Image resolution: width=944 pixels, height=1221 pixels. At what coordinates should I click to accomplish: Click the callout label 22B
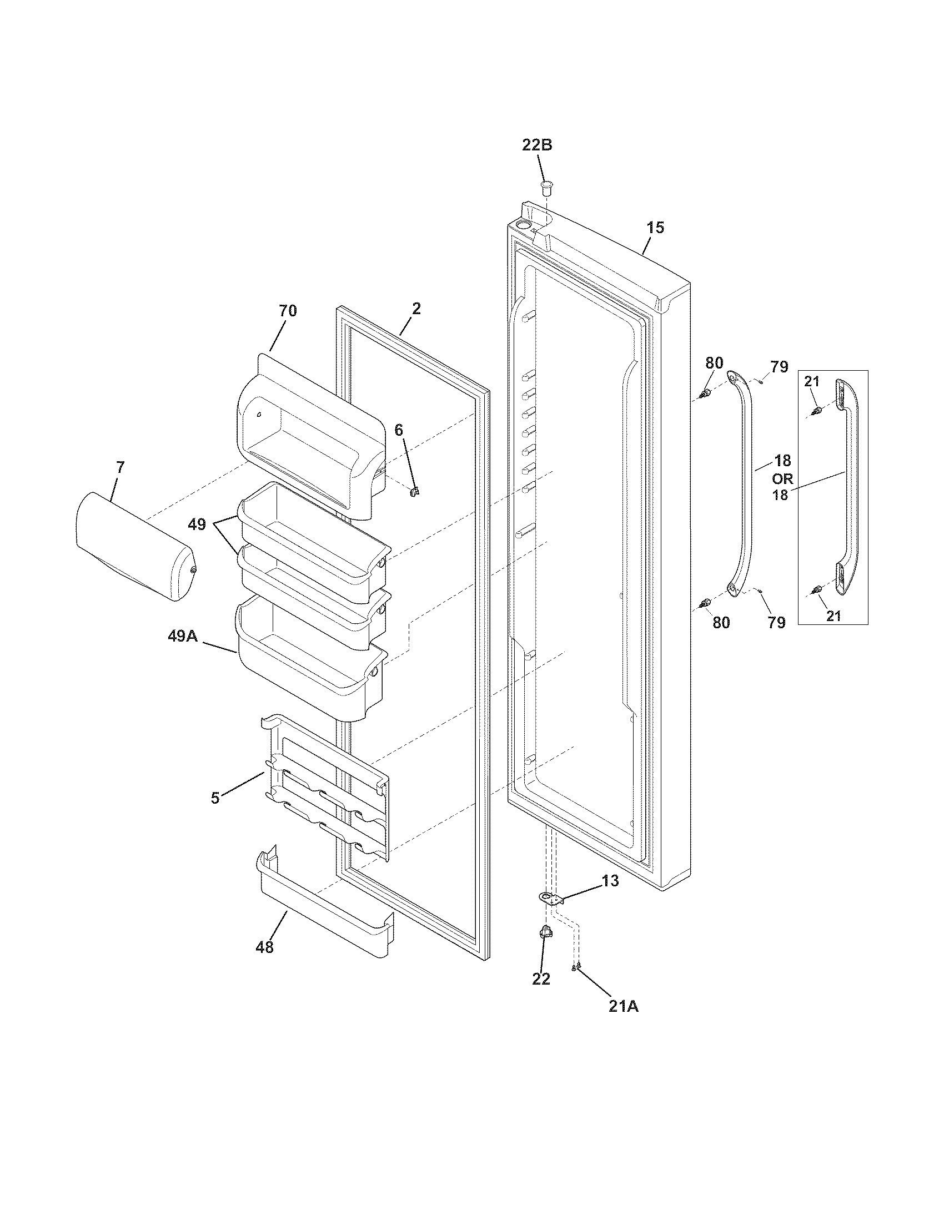[x=537, y=145]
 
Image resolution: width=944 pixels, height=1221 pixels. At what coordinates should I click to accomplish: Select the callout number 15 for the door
[x=655, y=228]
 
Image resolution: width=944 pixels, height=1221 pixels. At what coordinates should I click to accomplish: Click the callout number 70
[x=288, y=311]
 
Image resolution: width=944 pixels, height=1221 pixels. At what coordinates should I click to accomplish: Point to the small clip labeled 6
[x=414, y=490]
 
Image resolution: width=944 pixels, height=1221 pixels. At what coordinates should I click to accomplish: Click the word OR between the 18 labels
[x=782, y=478]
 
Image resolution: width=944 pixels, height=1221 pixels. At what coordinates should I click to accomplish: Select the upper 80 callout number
[x=714, y=362]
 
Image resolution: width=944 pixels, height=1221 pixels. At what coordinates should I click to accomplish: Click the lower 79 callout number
[x=776, y=622]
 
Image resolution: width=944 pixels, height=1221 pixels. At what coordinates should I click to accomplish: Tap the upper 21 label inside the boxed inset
[x=811, y=381]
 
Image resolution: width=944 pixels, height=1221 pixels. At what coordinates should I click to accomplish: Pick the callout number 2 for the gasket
[x=416, y=309]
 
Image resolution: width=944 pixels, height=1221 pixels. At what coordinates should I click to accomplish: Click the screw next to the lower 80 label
[x=705, y=603]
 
